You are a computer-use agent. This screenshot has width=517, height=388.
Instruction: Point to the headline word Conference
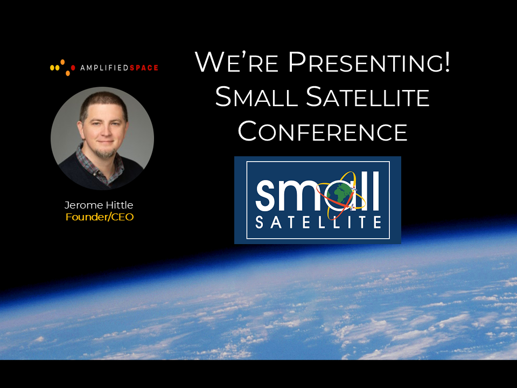tap(323, 131)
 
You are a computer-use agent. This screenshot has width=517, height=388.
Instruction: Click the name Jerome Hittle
tap(99, 205)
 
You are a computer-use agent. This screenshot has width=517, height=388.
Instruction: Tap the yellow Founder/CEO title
tap(100, 217)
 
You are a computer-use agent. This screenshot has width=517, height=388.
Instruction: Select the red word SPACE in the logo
tap(144, 68)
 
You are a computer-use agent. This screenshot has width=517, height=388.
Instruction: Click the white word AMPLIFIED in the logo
tap(104, 68)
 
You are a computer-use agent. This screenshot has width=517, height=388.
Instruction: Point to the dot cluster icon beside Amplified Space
tap(62, 67)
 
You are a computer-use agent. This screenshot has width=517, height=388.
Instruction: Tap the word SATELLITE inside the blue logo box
tap(318, 223)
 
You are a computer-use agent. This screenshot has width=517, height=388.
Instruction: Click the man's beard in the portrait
tap(106, 152)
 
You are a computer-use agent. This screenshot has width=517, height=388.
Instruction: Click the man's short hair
tap(103, 103)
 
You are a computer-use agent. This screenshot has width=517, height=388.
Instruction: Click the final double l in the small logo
tap(372, 191)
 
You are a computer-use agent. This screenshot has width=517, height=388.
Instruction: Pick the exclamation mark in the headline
tap(447, 61)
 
